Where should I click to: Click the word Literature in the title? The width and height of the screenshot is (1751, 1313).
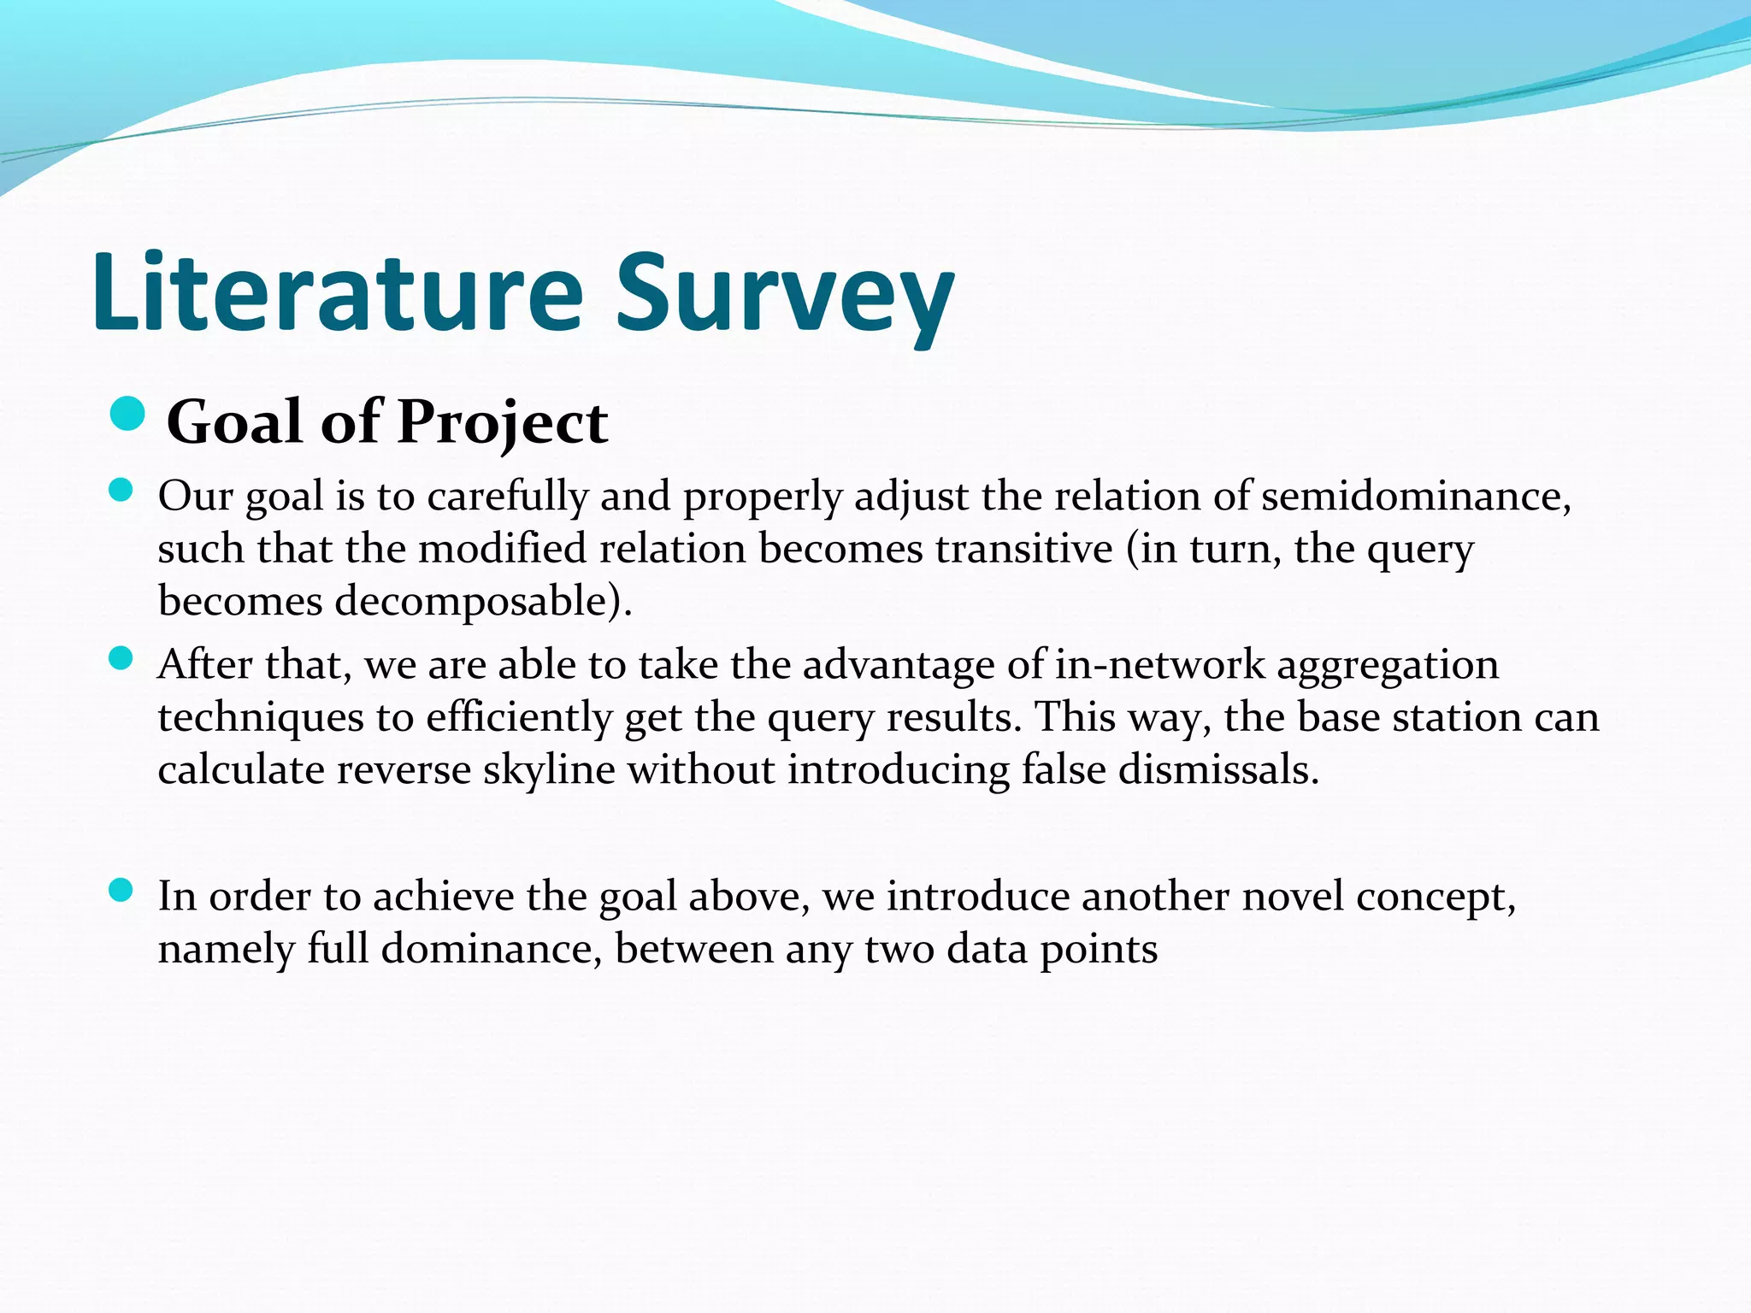338,292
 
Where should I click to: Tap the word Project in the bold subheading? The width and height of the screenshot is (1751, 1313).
503,422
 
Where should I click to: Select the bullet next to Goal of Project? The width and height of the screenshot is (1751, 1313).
128,415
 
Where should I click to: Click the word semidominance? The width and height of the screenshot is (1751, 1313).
1415,497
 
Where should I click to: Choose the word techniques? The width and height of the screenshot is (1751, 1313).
261,718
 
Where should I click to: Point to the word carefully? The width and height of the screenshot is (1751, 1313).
508,497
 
